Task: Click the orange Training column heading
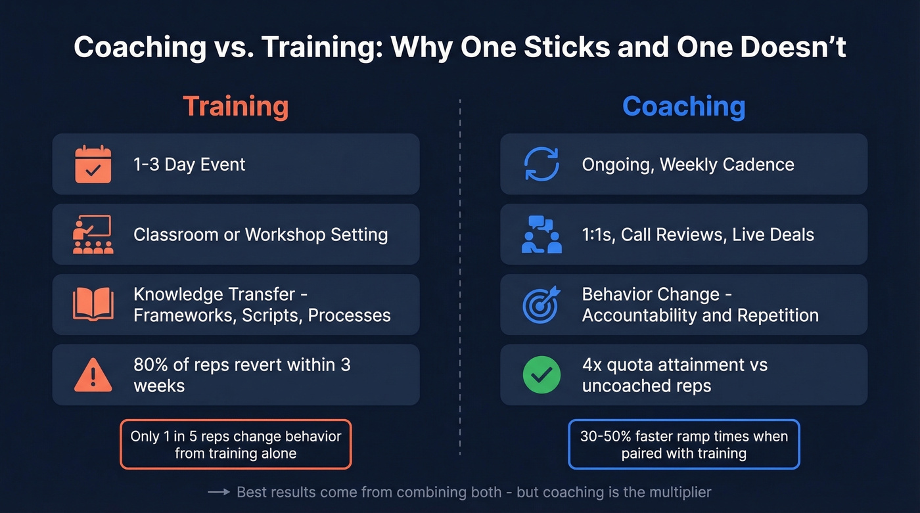tap(235, 106)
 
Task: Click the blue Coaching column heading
tap(683, 106)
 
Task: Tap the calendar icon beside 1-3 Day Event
tap(93, 164)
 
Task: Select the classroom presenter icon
tap(93, 234)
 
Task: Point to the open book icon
tap(93, 305)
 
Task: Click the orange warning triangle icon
tap(93, 375)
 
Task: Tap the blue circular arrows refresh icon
tap(541, 164)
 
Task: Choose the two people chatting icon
tap(541, 234)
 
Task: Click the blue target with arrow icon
tap(541, 305)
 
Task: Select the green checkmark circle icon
tap(541, 375)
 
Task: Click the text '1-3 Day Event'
tap(189, 164)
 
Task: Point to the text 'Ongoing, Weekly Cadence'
tap(688, 164)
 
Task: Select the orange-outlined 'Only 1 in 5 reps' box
tap(235, 445)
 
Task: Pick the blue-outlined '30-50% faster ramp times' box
tap(683, 445)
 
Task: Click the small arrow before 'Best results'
tap(218, 492)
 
